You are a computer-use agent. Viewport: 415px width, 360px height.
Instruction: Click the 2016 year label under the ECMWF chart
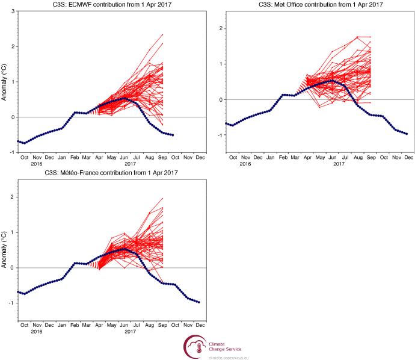(37, 164)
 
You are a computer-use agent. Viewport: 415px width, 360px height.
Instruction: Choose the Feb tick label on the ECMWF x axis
(75, 158)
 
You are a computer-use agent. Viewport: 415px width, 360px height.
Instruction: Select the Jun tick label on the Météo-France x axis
(125, 326)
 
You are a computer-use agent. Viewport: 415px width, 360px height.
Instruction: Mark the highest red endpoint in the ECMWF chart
(162, 35)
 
